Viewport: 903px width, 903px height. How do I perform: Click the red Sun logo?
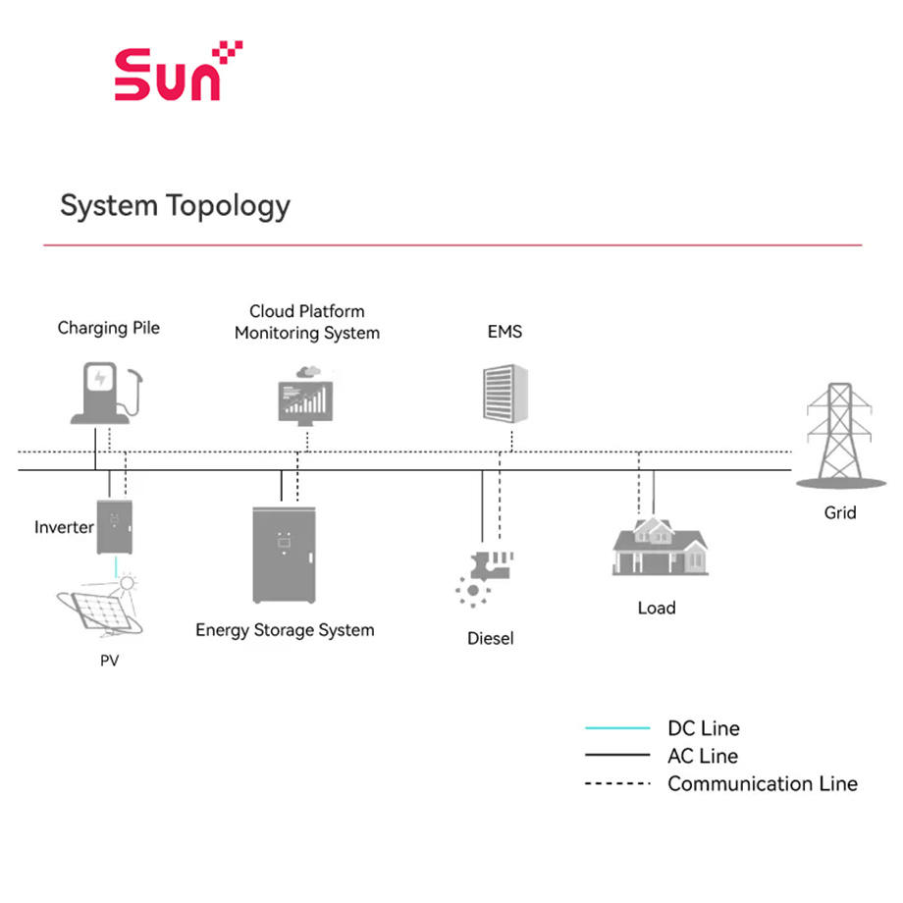pos(179,71)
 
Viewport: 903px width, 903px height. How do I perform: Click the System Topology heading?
pos(175,206)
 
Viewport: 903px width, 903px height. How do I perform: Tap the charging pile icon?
pos(107,394)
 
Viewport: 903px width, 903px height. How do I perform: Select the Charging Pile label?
pos(108,328)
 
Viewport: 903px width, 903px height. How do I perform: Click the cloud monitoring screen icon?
pos(306,396)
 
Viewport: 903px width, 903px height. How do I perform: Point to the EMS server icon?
pos(505,394)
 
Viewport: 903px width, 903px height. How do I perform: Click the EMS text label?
pos(505,332)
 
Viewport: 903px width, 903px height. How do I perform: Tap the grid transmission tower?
pos(840,436)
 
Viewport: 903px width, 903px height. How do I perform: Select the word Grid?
pos(839,512)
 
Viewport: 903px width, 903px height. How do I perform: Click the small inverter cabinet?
pos(115,527)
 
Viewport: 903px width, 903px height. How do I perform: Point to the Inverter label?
pos(64,527)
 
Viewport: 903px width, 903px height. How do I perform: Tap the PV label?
pos(109,660)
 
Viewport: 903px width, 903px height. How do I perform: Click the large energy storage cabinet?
pos(284,555)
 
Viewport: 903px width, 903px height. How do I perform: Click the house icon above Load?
pos(660,546)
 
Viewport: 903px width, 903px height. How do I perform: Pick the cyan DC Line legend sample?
pos(617,728)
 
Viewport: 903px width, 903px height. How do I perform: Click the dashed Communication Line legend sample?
pos(617,784)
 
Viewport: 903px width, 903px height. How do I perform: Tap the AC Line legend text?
pos(703,756)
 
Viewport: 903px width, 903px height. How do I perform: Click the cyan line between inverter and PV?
pos(116,566)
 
